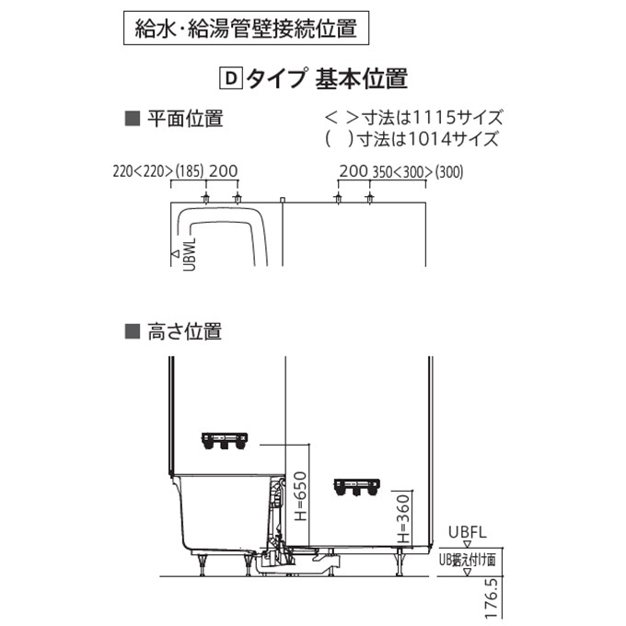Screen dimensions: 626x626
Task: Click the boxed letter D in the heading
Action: click(x=231, y=78)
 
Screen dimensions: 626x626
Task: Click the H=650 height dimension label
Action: click(x=300, y=496)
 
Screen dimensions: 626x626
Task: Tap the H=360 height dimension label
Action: click(x=403, y=518)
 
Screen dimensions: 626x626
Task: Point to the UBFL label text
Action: click(x=467, y=532)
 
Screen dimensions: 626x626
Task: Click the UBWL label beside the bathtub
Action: click(x=190, y=254)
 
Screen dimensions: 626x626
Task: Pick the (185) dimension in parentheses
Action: click(x=190, y=171)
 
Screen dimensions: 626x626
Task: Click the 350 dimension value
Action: click(x=382, y=171)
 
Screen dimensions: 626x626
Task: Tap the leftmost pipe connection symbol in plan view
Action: click(x=206, y=197)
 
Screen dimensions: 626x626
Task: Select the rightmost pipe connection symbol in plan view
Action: click(x=370, y=197)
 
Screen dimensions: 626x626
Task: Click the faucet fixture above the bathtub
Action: click(x=225, y=440)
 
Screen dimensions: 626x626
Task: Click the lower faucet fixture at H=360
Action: click(x=357, y=488)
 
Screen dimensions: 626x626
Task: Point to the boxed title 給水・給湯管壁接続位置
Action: click(x=246, y=28)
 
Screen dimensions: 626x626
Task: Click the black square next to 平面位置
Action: click(x=133, y=119)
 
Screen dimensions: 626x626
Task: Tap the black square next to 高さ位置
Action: click(x=133, y=331)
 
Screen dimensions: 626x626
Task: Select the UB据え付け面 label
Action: click(x=467, y=560)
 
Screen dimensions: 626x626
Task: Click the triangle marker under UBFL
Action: click(x=467, y=544)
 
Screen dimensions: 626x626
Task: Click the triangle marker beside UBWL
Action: click(x=175, y=253)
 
